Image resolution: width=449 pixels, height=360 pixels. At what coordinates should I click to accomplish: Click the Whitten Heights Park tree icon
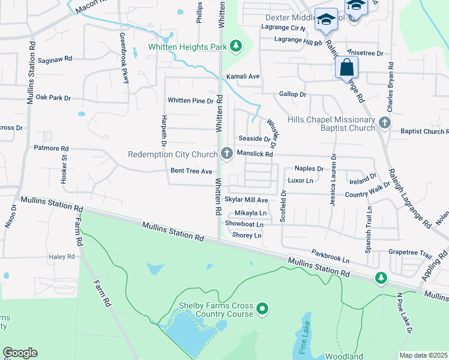coord(237,46)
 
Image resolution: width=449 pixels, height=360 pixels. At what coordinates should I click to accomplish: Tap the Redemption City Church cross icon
coord(227,154)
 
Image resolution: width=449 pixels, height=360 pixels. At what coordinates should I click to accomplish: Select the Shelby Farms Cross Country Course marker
coord(262,309)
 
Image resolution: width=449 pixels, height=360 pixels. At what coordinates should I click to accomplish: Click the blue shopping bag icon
coord(347,67)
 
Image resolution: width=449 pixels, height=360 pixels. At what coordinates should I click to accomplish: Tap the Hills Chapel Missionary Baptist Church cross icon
coord(385,124)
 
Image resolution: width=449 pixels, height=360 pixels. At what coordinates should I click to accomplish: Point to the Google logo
coord(20,353)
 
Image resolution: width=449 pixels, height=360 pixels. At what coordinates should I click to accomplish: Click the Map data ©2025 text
coord(423,355)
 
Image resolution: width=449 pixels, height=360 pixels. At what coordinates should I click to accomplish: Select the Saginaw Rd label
coord(55,59)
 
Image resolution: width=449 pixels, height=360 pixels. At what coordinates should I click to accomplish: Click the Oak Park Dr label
coord(53,97)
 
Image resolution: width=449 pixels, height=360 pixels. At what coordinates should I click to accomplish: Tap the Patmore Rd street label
coord(51,148)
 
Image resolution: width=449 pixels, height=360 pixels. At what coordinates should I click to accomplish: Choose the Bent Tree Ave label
coord(191,171)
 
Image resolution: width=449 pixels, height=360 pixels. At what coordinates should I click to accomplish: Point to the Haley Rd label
coord(62,256)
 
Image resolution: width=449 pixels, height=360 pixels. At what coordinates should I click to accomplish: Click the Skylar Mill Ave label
coord(246,199)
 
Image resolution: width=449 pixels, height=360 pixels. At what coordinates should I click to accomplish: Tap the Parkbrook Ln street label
coord(330,256)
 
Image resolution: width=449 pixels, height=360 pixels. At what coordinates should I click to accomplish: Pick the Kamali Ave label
coord(243,77)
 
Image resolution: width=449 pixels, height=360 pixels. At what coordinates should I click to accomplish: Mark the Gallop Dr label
coord(292,94)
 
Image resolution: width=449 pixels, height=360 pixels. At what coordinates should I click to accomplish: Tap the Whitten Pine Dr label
coord(191,100)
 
